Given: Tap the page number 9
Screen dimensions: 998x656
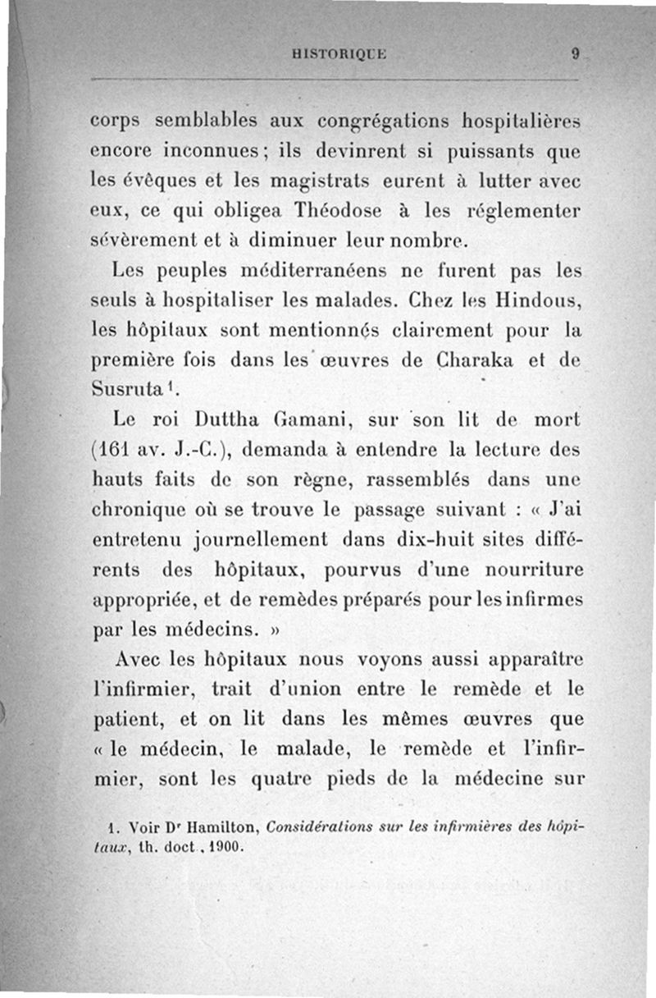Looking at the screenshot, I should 576,55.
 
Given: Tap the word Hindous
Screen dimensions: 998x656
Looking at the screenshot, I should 543,301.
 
